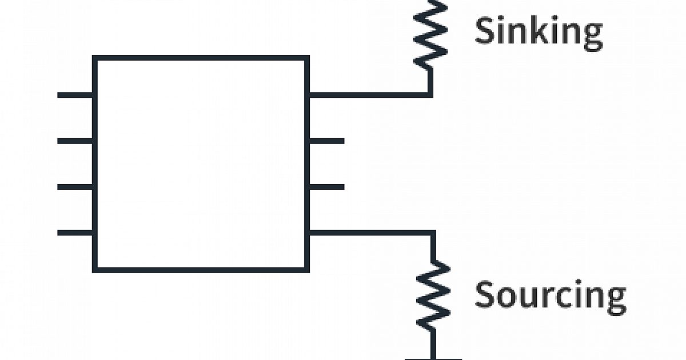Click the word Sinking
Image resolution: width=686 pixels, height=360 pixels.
coord(539,32)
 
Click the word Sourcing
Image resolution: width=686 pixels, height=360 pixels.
coord(550,295)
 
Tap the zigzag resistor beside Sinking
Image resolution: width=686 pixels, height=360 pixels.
coord(431,31)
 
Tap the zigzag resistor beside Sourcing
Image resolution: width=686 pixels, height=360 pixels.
coord(433,295)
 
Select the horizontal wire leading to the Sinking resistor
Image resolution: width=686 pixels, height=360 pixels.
coord(369,95)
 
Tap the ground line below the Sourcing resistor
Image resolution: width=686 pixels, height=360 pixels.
coord(433,358)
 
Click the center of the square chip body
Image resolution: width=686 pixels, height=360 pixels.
coord(201,163)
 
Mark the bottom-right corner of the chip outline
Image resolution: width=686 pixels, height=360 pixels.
coord(307,268)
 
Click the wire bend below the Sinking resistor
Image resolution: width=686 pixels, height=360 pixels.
coord(430,94)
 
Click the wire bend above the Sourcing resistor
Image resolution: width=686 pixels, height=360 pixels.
coord(433,233)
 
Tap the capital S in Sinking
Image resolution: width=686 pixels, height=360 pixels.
coord(485,31)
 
